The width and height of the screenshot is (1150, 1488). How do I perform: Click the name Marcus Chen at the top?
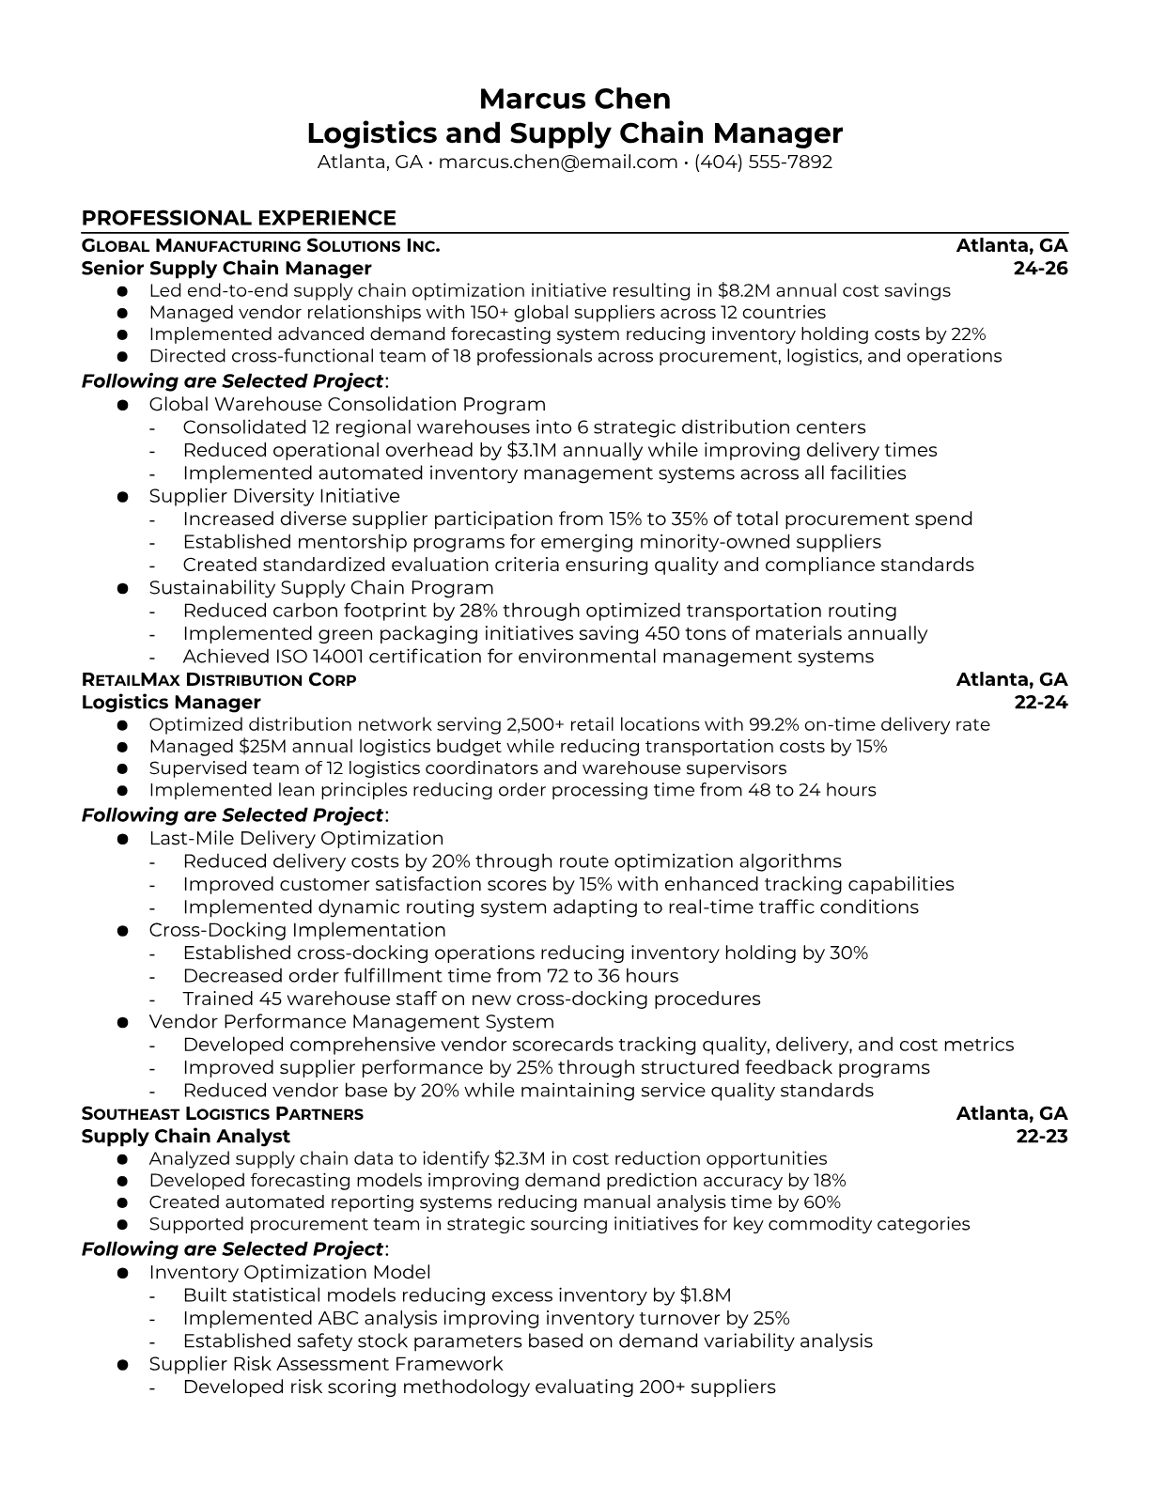(x=574, y=99)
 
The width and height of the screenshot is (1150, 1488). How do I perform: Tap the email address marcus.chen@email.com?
(x=558, y=162)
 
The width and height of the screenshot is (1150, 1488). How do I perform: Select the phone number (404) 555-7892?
(x=763, y=162)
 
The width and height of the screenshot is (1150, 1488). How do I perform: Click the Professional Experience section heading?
(x=239, y=218)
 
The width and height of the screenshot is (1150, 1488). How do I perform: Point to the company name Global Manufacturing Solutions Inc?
(x=260, y=246)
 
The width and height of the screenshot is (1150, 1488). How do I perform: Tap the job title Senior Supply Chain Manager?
(x=226, y=269)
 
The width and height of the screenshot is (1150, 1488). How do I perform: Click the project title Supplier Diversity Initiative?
(x=274, y=496)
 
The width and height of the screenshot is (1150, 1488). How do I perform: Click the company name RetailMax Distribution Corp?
(x=219, y=680)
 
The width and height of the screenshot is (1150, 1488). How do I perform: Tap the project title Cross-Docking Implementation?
(x=297, y=930)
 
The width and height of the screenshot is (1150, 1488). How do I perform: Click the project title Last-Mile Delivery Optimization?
(x=296, y=838)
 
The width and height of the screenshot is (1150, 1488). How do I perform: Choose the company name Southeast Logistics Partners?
(x=222, y=1114)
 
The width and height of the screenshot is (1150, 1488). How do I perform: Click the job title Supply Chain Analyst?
(x=186, y=1137)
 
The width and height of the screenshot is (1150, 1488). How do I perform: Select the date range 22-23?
(x=1042, y=1137)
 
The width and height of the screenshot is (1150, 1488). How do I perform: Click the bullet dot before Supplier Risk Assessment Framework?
(x=122, y=1365)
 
